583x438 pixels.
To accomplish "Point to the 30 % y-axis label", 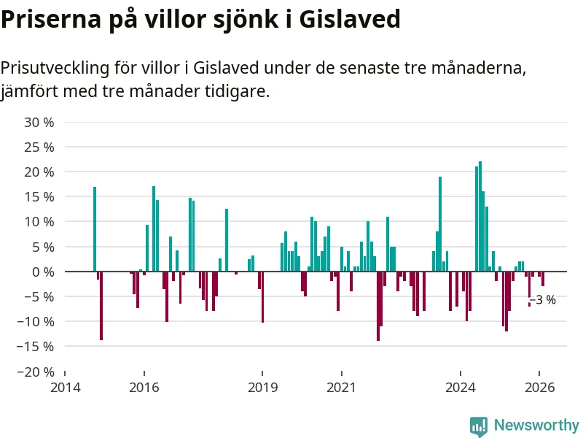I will (x=39, y=122).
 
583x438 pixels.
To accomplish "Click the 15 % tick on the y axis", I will (x=39, y=197).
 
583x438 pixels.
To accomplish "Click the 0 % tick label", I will (x=43, y=272).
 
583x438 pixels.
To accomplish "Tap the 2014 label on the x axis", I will (x=65, y=388).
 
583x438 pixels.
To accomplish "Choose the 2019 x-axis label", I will (x=262, y=388).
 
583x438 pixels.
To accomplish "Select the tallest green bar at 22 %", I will (x=480, y=216).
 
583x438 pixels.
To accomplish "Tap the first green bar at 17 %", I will (x=95, y=228).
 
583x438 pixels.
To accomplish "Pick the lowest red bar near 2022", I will (x=377, y=306).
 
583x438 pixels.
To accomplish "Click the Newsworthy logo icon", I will (x=479, y=426).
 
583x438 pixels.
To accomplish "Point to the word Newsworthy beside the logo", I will (x=536, y=426).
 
